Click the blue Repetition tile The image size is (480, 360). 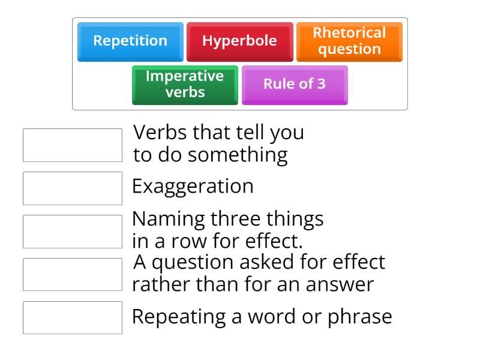click(130, 41)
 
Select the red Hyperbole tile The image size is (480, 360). click(239, 41)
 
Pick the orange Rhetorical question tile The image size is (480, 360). click(349, 41)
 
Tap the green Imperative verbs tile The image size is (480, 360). click(185, 85)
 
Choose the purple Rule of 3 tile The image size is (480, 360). click(294, 85)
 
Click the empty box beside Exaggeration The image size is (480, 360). click(73, 188)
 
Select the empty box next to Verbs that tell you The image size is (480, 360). click(73, 145)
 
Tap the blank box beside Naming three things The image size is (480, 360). click(73, 232)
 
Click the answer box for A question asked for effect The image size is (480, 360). click(73, 275)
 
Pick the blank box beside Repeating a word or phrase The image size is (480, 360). click(73, 318)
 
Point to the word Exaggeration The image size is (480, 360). click(193, 187)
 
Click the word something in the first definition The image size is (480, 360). click(238, 155)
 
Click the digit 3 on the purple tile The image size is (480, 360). click(321, 84)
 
